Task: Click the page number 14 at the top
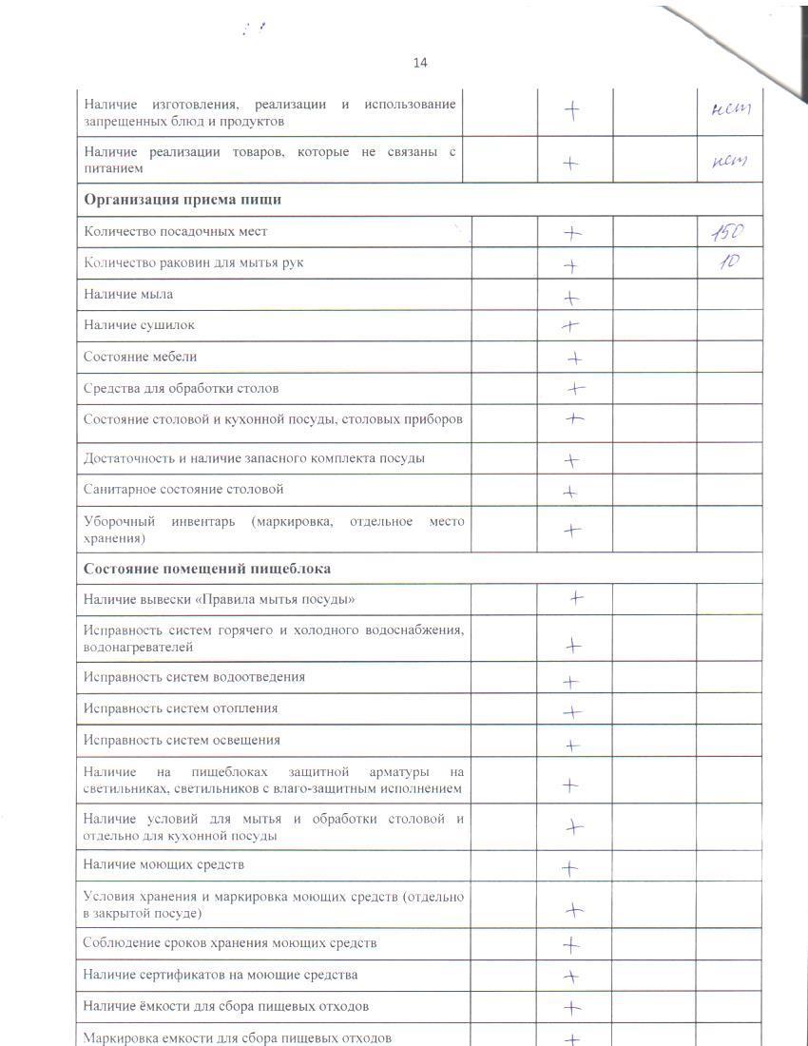point(420,63)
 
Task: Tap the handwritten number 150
point(727,231)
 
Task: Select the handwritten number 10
point(728,263)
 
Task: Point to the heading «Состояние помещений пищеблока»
point(207,569)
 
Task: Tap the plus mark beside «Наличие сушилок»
point(570,325)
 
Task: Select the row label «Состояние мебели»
point(141,357)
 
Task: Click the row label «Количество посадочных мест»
point(176,231)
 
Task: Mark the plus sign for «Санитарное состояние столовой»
point(570,492)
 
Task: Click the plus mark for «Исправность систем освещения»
point(572,746)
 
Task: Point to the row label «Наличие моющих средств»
point(164,864)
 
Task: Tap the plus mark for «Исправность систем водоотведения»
point(571,682)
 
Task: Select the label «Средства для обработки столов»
point(181,388)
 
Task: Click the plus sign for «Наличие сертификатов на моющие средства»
point(571,977)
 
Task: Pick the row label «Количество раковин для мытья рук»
point(194,262)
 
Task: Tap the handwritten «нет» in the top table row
point(731,109)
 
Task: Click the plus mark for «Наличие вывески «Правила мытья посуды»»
point(576,598)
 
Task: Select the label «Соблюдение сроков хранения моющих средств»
point(230,943)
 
